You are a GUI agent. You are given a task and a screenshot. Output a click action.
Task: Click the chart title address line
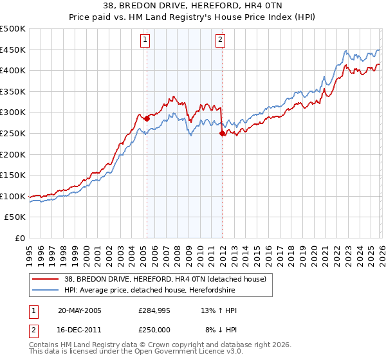pos(193,6)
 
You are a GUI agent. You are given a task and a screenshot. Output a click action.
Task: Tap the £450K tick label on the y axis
pos(13,50)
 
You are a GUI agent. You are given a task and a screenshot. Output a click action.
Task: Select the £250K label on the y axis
pos(13,134)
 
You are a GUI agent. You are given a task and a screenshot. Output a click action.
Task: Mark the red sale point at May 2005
pos(147,118)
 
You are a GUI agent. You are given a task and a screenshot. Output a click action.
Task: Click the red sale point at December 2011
pos(222,133)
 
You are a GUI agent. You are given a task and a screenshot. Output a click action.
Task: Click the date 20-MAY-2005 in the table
pos(80,310)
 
